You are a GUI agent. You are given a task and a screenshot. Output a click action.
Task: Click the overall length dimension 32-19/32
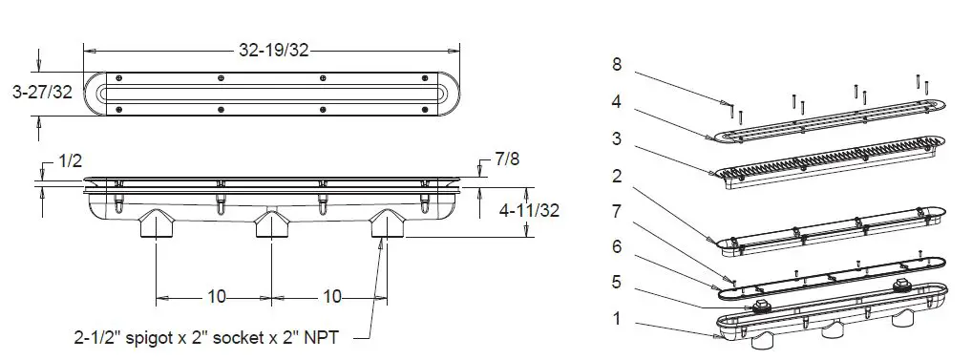coord(273,51)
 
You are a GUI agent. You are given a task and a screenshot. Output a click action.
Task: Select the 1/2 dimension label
coord(70,161)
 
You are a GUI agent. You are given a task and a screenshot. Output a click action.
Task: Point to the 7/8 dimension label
coord(507,159)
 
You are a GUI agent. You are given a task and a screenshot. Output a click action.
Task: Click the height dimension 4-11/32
coord(529,211)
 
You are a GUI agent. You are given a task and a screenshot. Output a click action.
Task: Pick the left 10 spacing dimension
coord(217,297)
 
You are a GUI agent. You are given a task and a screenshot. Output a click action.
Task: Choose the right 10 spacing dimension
coord(332,297)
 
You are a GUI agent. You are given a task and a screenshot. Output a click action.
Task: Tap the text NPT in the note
coord(324,338)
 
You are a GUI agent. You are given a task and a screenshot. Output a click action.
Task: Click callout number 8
coord(616,64)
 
